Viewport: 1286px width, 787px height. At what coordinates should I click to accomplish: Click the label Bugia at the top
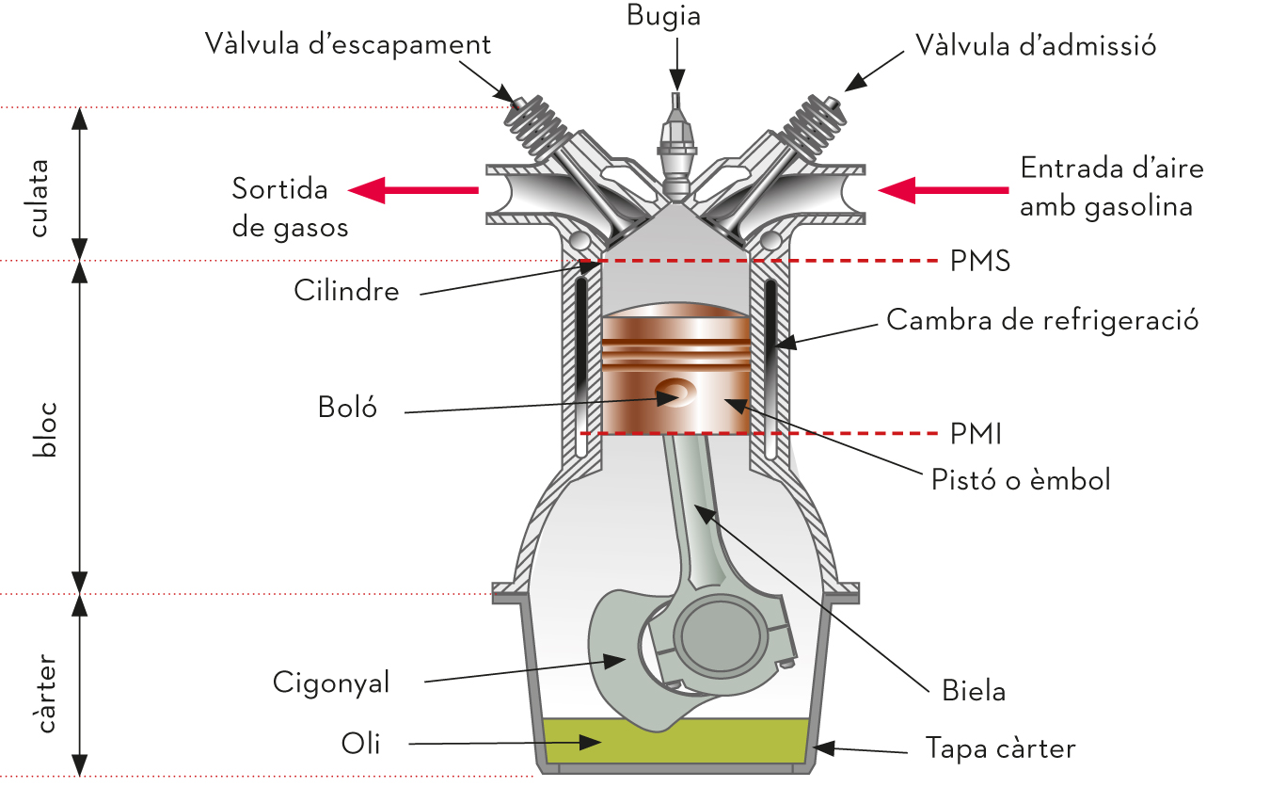tap(663, 16)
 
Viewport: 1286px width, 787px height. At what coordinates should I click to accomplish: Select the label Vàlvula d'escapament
tap(348, 44)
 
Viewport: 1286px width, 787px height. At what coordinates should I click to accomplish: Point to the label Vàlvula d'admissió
tap(1036, 45)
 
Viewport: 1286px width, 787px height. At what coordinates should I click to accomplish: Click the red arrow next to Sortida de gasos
tap(413, 190)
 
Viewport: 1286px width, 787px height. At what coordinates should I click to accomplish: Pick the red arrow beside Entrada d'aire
tap(944, 190)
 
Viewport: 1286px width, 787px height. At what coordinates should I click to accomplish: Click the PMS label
tap(980, 261)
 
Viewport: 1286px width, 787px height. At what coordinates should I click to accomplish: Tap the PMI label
tap(976, 434)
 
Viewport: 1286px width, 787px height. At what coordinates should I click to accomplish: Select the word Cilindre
tap(346, 291)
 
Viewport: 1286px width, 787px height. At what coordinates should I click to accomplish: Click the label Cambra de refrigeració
tap(1042, 320)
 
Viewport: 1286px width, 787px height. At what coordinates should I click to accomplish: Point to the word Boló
tap(347, 408)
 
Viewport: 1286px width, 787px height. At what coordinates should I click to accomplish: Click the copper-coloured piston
tap(676, 369)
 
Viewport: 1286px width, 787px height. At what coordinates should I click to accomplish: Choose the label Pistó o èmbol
tap(1021, 480)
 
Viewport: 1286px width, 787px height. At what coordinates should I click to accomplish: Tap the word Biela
tap(974, 690)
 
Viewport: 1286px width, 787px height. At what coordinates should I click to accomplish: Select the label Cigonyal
tap(331, 683)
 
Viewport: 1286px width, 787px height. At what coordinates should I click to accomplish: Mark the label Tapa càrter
tap(1001, 748)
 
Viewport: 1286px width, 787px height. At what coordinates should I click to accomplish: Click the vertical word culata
tap(40, 199)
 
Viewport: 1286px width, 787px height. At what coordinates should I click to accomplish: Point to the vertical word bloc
tap(44, 429)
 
